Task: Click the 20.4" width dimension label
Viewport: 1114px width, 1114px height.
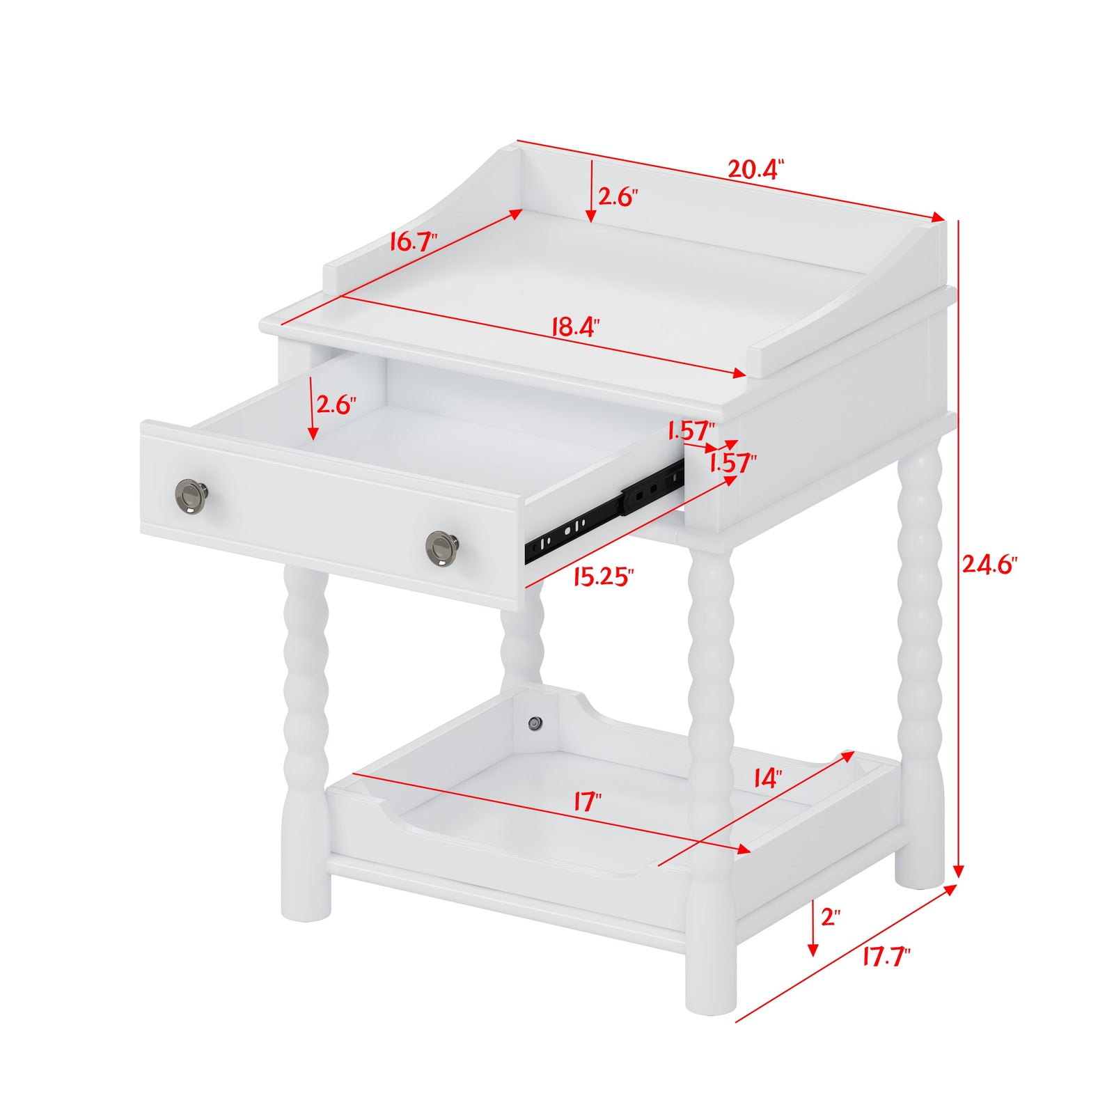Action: coord(755,169)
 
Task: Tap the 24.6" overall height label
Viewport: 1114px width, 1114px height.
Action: coord(989,564)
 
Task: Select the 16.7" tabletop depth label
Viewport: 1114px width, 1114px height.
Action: coord(414,242)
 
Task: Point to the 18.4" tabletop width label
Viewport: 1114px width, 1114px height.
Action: coord(575,327)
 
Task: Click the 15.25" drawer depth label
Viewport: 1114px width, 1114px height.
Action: coord(604,576)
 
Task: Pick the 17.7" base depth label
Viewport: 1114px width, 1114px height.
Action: coord(886,957)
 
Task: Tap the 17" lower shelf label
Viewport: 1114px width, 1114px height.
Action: coord(587,802)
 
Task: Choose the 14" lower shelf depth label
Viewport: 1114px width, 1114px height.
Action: coord(767,778)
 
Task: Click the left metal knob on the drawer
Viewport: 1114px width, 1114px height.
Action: coord(191,496)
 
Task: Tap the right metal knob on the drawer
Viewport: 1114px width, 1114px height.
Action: coord(441,548)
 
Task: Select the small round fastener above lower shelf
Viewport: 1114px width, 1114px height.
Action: coord(535,723)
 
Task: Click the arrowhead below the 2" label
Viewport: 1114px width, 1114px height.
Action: coord(813,949)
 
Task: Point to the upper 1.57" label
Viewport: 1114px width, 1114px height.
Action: coord(691,430)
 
